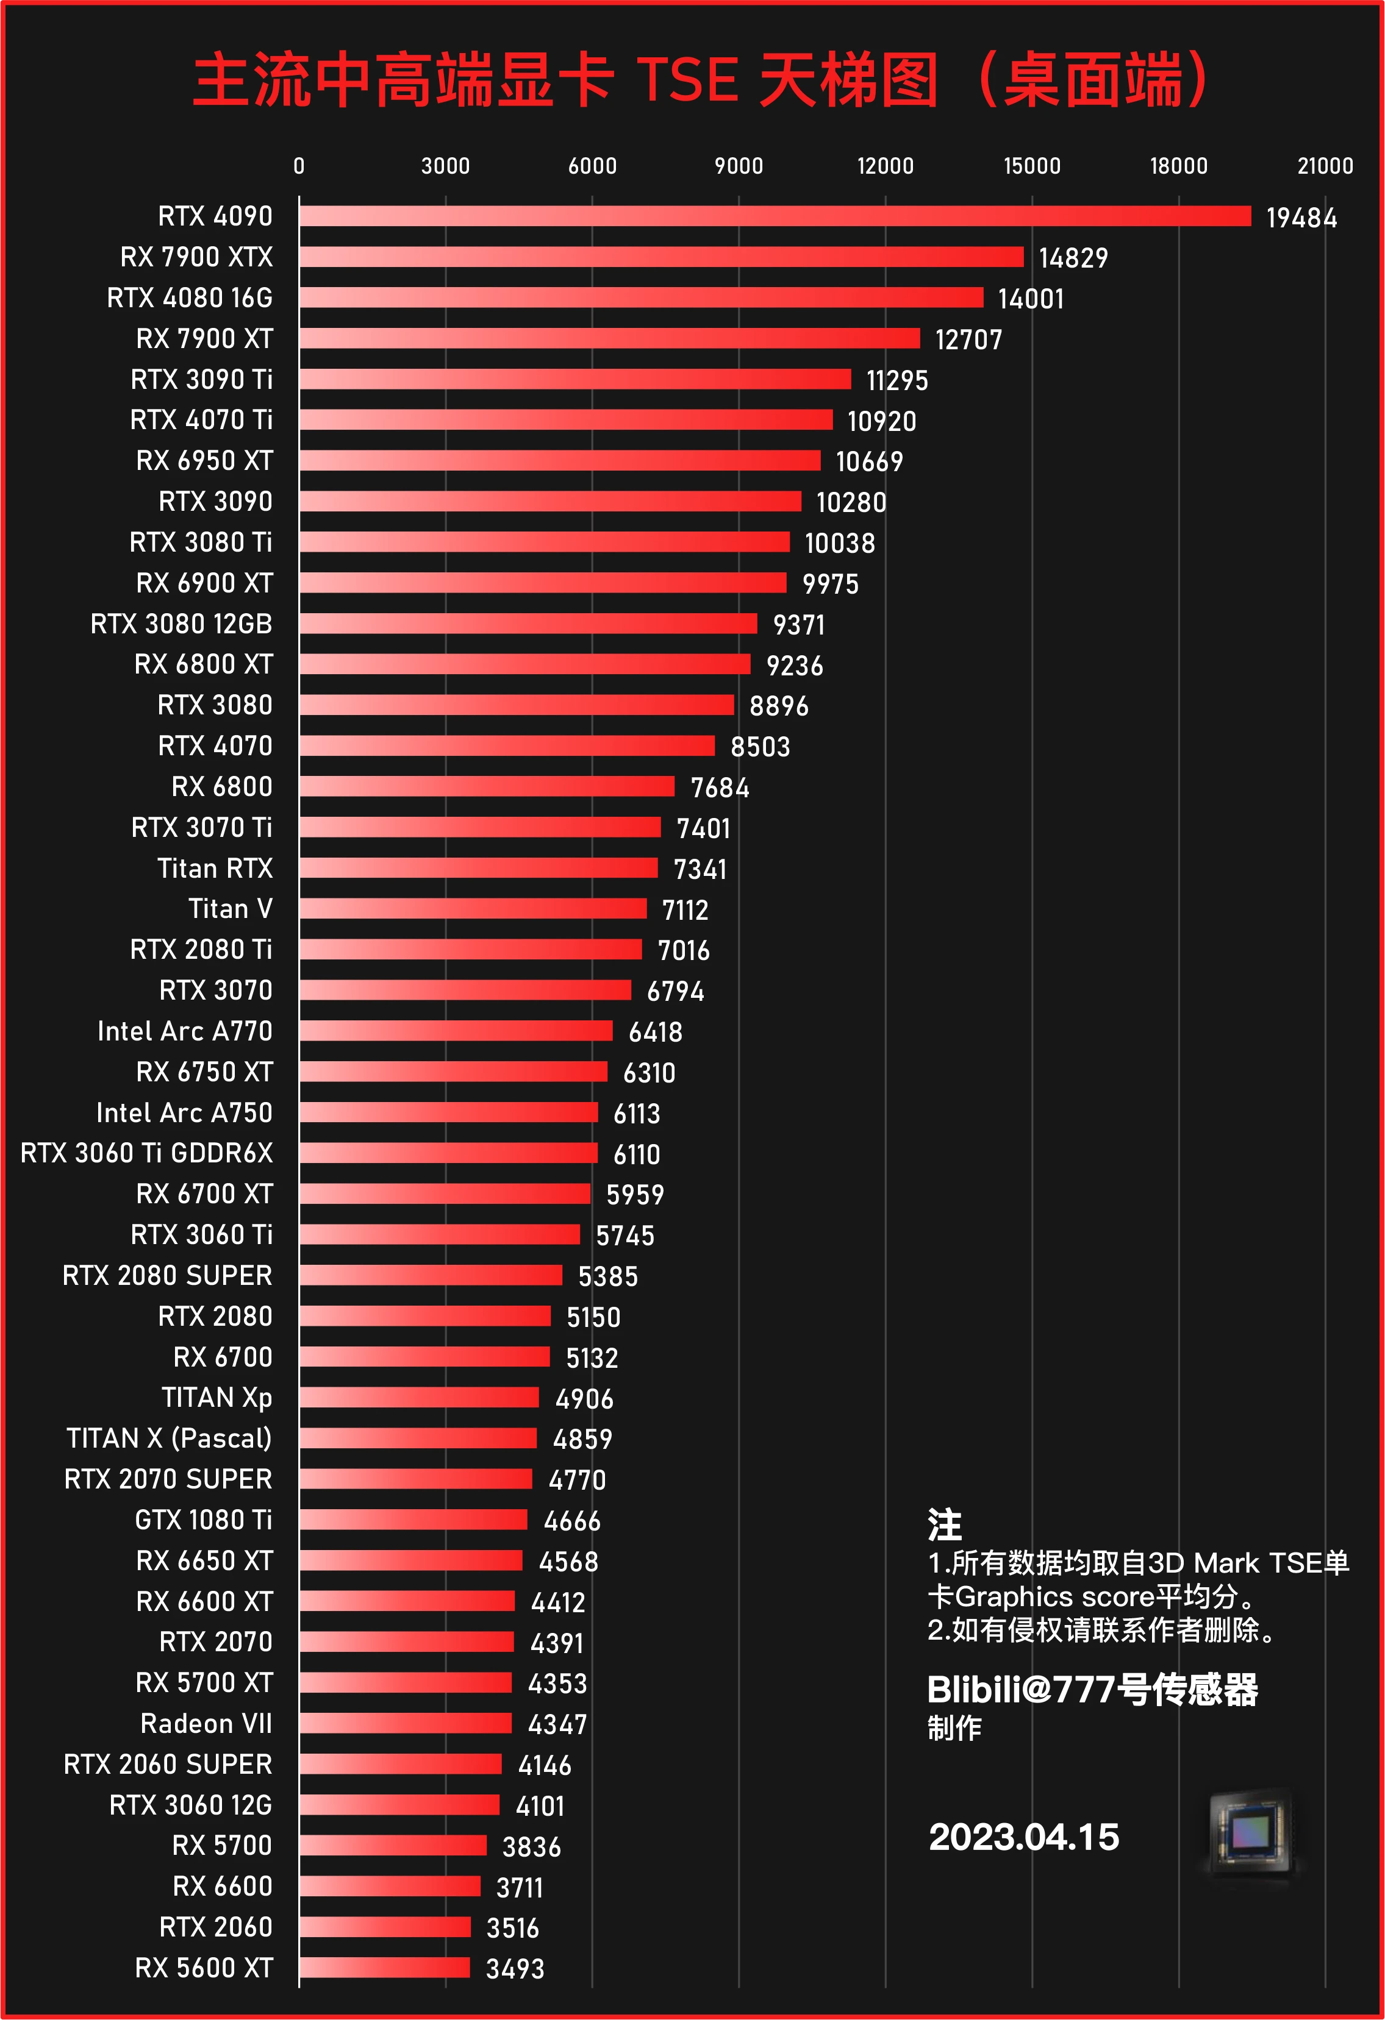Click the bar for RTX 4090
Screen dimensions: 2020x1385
(x=775, y=216)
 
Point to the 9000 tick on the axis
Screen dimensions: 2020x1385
(x=738, y=166)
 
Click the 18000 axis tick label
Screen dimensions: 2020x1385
(x=1178, y=166)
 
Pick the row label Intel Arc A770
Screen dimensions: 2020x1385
(x=184, y=1031)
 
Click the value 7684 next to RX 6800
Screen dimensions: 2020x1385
(x=719, y=788)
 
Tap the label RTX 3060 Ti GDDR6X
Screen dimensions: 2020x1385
(x=146, y=1153)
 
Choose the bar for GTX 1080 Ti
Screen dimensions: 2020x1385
(x=413, y=1520)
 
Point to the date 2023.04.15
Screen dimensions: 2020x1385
(x=1023, y=1837)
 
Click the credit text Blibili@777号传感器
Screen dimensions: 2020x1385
(x=1092, y=1690)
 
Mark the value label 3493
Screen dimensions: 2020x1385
(x=515, y=1969)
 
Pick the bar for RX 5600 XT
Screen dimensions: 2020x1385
(x=384, y=1968)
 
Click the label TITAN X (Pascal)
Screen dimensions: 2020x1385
(x=169, y=1439)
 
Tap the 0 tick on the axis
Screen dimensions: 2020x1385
(x=299, y=166)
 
